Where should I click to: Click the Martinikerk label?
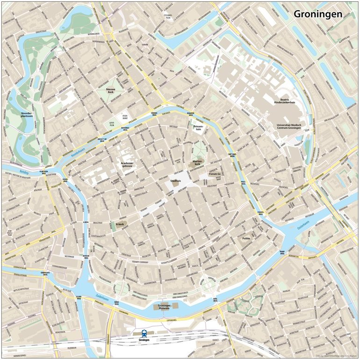coord(197,163)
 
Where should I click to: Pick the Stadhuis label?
coord(176,180)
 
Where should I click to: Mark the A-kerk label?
coord(120,224)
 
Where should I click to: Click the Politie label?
coord(246,238)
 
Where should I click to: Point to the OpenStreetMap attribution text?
coord(336,356)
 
